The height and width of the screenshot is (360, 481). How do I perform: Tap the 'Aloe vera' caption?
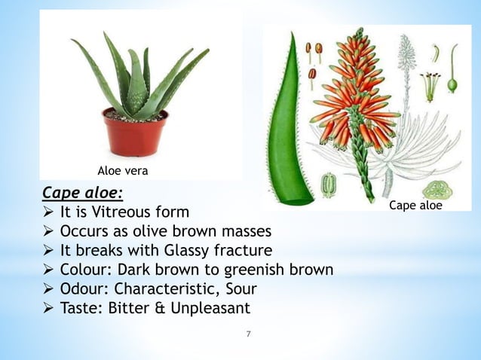123,171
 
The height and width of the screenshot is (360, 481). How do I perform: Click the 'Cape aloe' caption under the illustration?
415,205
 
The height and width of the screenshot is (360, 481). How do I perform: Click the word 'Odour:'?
84,288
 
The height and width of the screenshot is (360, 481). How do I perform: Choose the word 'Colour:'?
87,269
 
